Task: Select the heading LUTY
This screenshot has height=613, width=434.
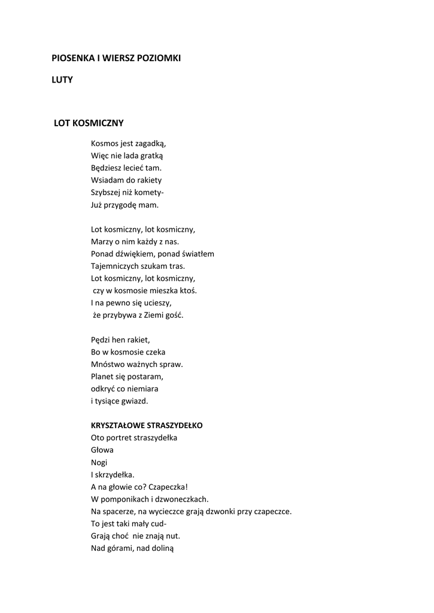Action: (x=62, y=80)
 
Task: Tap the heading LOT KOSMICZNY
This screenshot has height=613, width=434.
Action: (x=89, y=123)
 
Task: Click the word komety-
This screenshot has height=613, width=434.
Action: (x=150, y=192)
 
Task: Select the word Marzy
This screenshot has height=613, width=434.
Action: (x=101, y=241)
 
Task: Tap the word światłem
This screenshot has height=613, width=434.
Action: (x=198, y=254)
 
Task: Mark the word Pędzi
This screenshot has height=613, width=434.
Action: (x=101, y=339)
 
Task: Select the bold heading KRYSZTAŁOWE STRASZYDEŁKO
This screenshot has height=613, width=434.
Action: (x=147, y=426)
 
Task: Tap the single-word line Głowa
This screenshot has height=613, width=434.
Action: (x=102, y=450)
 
